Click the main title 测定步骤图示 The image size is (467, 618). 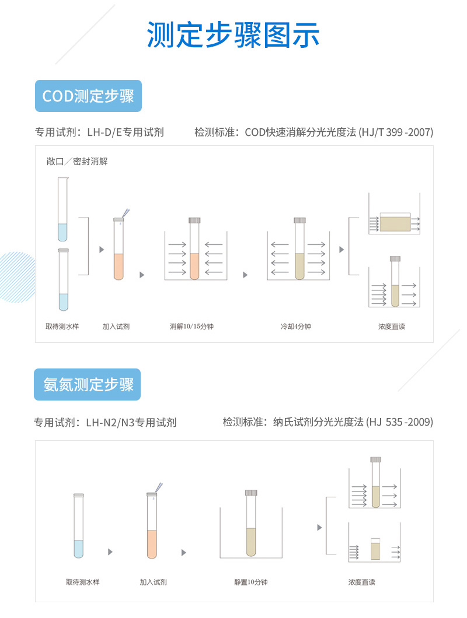(233, 36)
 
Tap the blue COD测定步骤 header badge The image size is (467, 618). (88, 96)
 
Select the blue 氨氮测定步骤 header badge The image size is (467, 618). (88, 385)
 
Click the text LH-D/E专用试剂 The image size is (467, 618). (126, 132)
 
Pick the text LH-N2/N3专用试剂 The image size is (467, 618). (131, 422)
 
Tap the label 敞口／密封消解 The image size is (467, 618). (77, 161)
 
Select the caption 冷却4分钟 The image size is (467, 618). (295, 326)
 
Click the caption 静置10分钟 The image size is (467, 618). (250, 582)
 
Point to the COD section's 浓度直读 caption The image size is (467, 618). (391, 326)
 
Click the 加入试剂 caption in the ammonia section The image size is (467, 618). (153, 582)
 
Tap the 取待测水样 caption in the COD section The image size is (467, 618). (62, 326)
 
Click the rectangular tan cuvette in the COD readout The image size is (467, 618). (395, 223)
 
